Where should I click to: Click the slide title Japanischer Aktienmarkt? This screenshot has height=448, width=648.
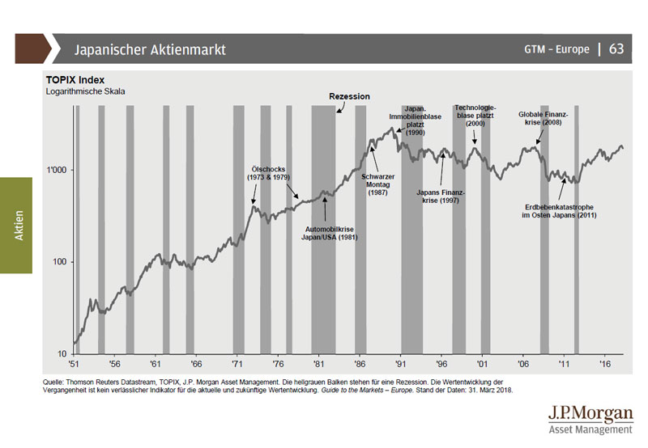coord(150,49)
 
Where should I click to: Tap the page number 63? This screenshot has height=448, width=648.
coord(616,49)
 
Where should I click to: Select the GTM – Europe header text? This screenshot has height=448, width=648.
coord(556,49)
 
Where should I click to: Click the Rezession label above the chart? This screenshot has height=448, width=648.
coord(349,96)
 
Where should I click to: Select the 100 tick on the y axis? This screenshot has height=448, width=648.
coord(59,262)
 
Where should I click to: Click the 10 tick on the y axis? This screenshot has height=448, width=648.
coord(62,354)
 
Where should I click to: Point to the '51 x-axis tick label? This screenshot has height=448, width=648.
coord(74,365)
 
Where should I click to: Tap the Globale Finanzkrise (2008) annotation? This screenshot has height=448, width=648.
coord(544,119)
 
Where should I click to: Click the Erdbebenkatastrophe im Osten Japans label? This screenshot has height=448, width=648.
coord(562,210)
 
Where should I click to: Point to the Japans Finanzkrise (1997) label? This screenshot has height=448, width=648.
coord(441,197)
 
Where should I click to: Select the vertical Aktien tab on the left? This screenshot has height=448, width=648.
coord(18,226)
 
